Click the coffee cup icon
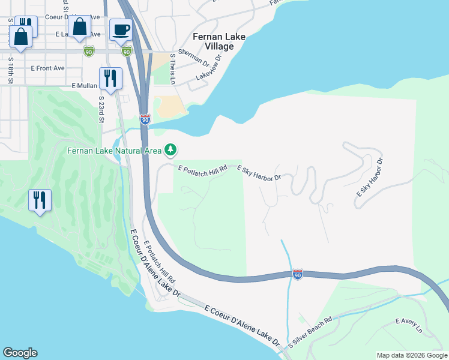click(x=121, y=29)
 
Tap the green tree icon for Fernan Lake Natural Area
click(x=171, y=149)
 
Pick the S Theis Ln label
click(x=173, y=68)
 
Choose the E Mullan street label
click(x=83, y=86)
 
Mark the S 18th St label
click(x=11, y=71)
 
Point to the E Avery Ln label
click(x=409, y=326)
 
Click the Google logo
click(x=20, y=353)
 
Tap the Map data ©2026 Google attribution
click(x=412, y=355)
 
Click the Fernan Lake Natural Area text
click(x=115, y=151)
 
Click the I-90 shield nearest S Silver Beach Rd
click(x=298, y=274)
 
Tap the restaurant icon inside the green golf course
click(x=40, y=200)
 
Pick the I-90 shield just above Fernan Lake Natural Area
click(x=145, y=119)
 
